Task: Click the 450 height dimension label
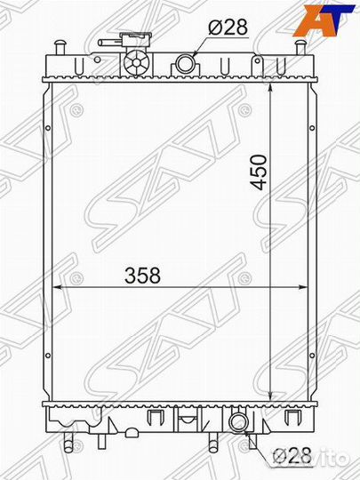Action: pos(259,172)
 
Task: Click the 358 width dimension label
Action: pos(142,275)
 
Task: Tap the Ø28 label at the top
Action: pos(228,27)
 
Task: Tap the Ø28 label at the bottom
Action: pos(292,456)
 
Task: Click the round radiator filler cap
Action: pos(136,63)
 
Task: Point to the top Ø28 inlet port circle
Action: pos(185,63)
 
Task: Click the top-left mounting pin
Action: pos(60,47)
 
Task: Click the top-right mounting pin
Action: pos(300,47)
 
